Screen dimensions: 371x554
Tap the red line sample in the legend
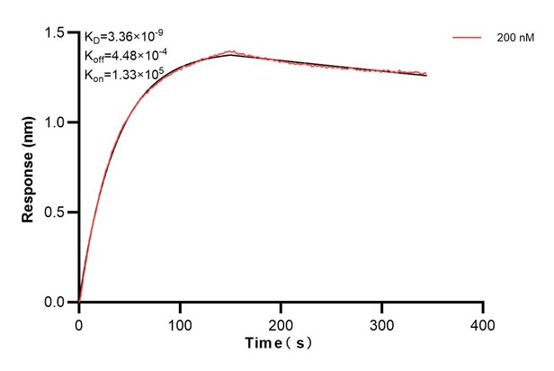pos(468,39)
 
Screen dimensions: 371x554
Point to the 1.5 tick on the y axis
pos(60,32)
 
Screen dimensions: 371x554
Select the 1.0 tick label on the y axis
pos(60,122)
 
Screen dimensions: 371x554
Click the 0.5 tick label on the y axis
pos(60,213)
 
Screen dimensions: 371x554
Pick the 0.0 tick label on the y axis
pos(60,303)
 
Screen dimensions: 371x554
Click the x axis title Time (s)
pos(281,344)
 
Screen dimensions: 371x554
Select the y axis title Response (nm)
pos(29,167)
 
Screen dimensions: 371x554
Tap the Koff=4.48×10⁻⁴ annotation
pos(124,56)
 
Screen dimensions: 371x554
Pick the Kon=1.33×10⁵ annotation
pos(122,73)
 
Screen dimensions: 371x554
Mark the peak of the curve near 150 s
pos(230,55)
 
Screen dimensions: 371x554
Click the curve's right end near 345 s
pos(426,75)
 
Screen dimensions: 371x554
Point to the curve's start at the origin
pos(79,303)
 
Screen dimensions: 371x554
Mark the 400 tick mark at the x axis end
pos(484,306)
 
